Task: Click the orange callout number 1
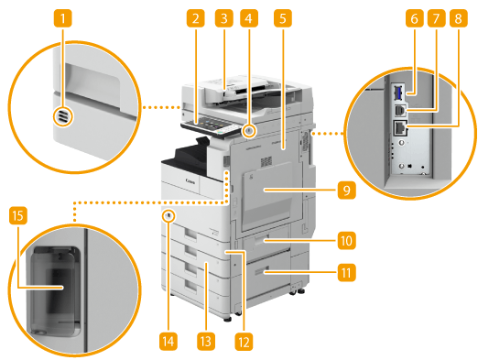click(x=63, y=18)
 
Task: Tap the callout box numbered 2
click(x=196, y=18)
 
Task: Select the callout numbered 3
click(x=223, y=18)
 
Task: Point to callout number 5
click(x=283, y=18)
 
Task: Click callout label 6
click(x=414, y=18)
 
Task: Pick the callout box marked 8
click(x=458, y=18)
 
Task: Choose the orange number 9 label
click(x=346, y=190)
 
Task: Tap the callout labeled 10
click(x=346, y=241)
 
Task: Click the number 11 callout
click(x=346, y=272)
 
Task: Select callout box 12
click(x=244, y=342)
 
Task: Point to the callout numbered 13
click(x=206, y=341)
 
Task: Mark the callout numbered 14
click(x=168, y=341)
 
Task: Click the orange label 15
click(x=18, y=215)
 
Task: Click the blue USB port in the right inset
click(x=397, y=93)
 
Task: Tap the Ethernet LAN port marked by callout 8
click(x=399, y=128)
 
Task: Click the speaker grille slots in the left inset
click(x=62, y=116)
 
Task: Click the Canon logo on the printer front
click(x=190, y=181)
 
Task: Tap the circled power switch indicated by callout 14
click(x=168, y=216)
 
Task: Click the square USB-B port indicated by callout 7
click(x=398, y=110)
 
